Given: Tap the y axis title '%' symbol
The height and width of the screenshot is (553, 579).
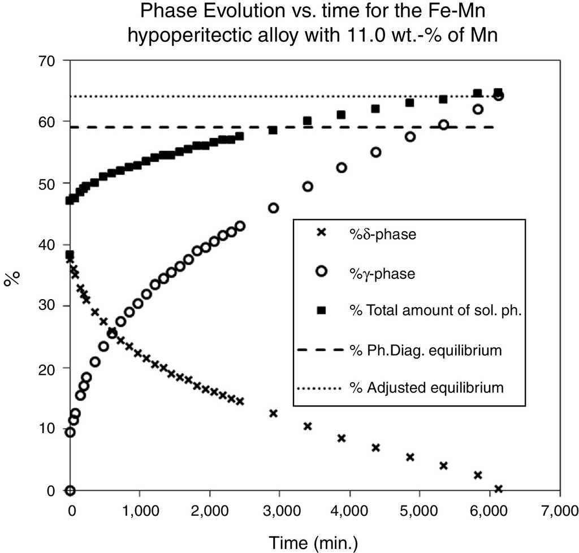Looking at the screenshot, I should (12, 278).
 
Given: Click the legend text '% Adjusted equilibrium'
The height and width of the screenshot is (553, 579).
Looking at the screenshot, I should (426, 388).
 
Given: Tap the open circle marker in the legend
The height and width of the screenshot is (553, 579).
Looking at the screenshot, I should (322, 271).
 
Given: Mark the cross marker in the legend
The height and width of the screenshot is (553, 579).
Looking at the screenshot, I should (322, 232).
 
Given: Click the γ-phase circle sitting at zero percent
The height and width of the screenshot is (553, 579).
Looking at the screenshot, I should (70, 490).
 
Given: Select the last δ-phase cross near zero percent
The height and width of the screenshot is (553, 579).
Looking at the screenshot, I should (498, 489).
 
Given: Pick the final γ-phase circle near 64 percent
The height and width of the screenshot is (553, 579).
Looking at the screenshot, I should (498, 96).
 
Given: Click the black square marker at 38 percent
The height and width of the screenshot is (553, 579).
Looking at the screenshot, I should (70, 255).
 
